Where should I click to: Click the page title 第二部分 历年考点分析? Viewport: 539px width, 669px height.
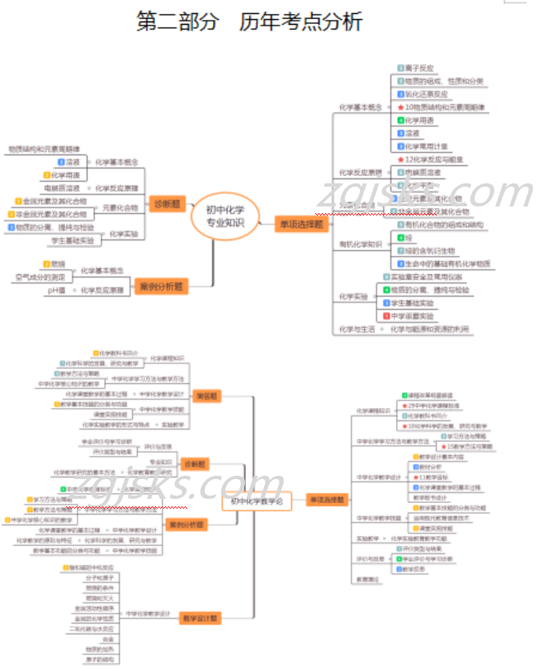[248, 22]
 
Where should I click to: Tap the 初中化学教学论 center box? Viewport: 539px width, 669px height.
[256, 501]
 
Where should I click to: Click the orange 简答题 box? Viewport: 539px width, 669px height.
[208, 396]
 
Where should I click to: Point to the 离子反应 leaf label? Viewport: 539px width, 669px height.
[420, 68]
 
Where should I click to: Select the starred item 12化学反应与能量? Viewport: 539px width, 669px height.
[433, 159]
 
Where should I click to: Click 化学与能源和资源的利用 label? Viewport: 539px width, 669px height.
[430, 329]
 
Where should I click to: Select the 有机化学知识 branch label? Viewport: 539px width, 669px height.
[361, 244]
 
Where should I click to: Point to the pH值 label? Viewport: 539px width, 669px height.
[56, 291]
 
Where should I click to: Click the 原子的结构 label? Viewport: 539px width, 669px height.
[96, 660]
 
